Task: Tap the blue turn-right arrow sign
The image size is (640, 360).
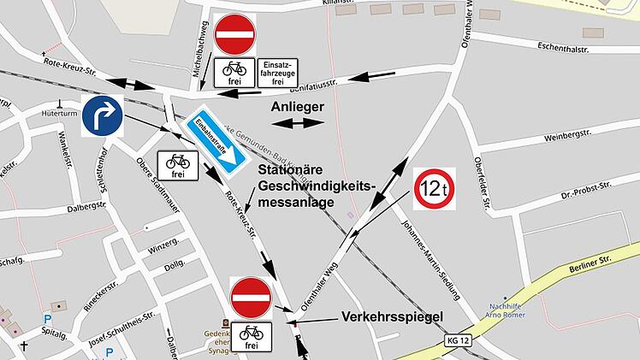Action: [103, 117]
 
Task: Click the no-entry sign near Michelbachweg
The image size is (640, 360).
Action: [234, 35]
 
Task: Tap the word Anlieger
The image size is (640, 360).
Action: [297, 107]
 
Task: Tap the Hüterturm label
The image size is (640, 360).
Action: [59, 112]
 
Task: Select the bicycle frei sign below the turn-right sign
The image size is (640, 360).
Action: [178, 165]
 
